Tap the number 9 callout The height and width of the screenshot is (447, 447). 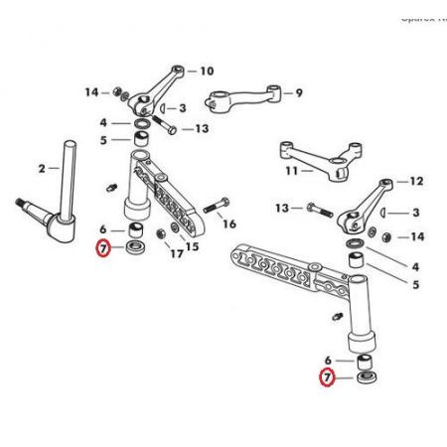pos(297,94)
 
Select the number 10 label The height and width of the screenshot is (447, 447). pos(207,72)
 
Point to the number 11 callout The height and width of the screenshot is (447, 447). pos(292,171)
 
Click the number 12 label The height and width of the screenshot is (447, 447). pos(415,182)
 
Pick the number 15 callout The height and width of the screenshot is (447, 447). pos(193,246)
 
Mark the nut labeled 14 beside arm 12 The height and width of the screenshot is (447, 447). pos(382,235)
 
